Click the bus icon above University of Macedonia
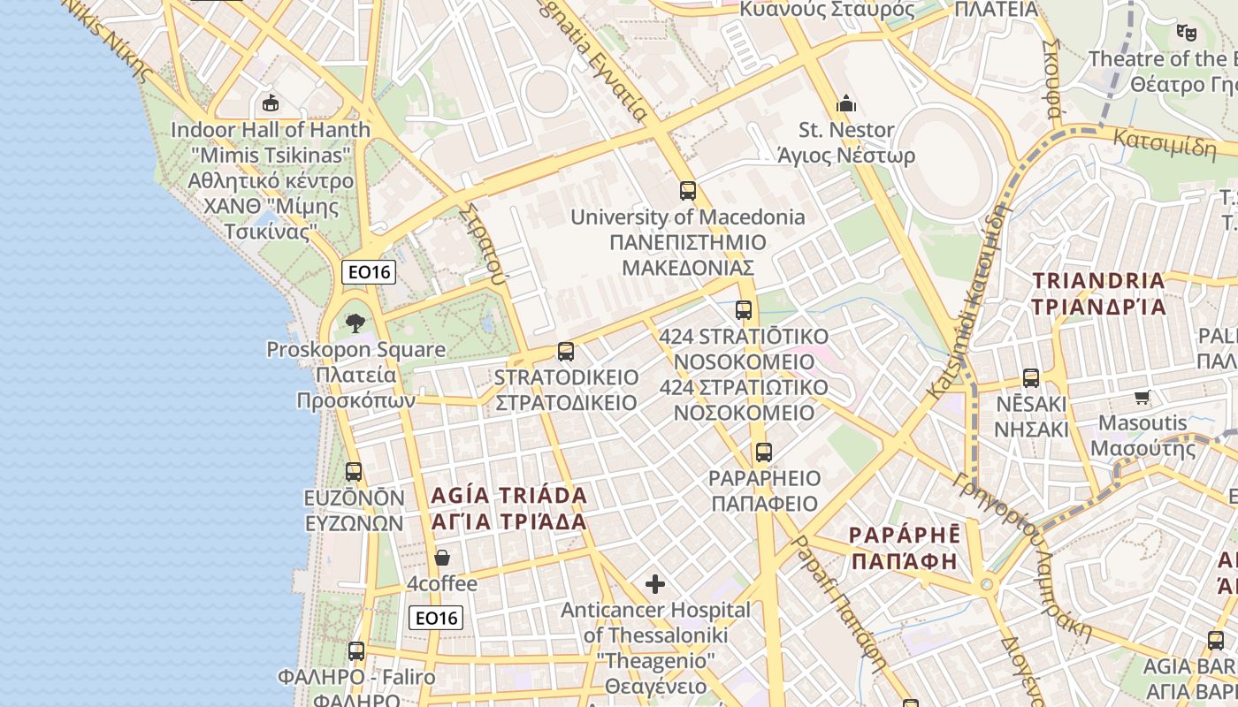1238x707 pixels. coord(687,190)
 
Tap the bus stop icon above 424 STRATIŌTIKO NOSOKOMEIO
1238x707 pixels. coord(744,310)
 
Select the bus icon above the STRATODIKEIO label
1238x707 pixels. coord(566,351)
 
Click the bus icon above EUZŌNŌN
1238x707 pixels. coord(354,472)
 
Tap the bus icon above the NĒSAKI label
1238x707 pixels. coord(1031,378)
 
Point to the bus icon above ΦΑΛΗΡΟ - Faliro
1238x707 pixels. coord(356,651)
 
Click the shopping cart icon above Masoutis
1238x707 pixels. coord(1142,397)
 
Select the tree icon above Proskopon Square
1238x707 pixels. coord(355,323)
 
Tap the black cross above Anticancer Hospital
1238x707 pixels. coord(655,583)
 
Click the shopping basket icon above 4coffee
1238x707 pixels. coord(442,558)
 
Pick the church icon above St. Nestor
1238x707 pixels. coord(846,103)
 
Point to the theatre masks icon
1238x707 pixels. coord(1186,33)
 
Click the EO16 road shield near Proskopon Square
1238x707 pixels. coord(369,272)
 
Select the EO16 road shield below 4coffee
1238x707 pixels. coord(436,618)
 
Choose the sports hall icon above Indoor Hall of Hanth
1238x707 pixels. coord(271,103)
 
